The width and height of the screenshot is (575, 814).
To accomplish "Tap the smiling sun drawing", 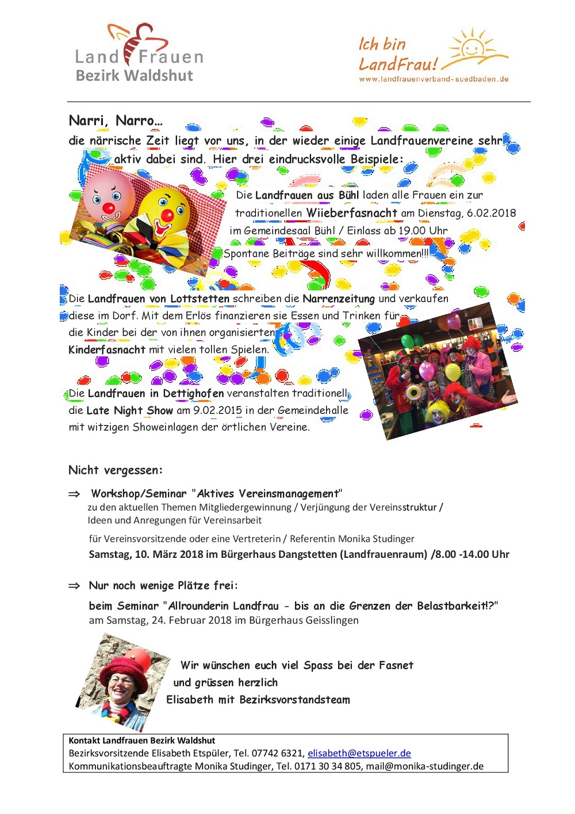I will [473, 46].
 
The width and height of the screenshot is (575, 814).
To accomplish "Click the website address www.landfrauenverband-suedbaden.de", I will [434, 79].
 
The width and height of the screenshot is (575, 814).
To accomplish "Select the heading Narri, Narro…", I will [116, 120].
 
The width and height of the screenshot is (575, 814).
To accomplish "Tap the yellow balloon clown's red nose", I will [167, 215].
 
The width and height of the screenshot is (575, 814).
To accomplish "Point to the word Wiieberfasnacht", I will [351, 213].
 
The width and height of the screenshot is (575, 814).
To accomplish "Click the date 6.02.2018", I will [491, 213].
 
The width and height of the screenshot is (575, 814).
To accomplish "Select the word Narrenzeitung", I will [338, 298].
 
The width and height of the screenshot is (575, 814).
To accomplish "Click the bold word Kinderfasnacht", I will [106, 349].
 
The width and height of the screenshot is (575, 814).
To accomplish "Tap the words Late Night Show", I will [129, 410].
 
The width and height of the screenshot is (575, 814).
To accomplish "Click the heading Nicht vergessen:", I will [116, 470].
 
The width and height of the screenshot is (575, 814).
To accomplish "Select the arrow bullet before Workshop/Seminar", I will [74, 494].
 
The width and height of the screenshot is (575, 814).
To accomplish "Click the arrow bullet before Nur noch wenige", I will [74, 586].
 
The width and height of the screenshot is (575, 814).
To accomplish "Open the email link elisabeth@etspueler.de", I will [359, 753].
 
